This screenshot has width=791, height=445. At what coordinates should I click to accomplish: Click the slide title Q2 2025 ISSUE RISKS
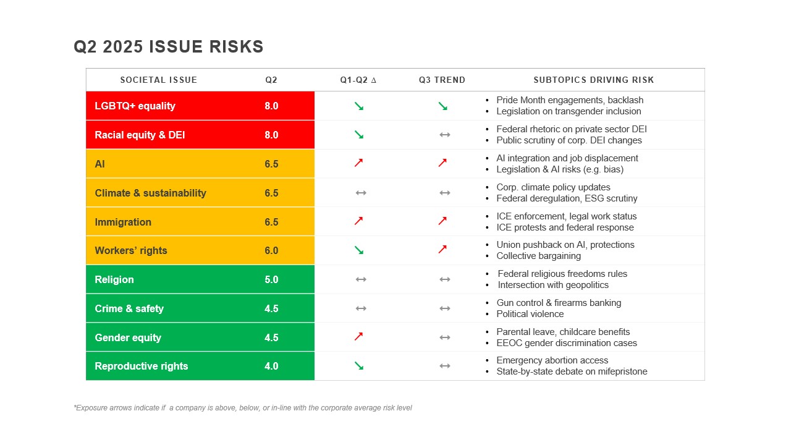click(x=168, y=47)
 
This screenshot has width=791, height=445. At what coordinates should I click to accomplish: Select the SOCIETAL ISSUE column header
click(x=159, y=80)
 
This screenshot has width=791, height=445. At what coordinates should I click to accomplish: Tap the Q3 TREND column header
click(x=442, y=80)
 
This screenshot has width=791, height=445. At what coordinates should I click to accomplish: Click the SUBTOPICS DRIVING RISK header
click(x=593, y=80)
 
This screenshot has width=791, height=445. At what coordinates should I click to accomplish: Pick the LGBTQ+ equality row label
click(x=135, y=106)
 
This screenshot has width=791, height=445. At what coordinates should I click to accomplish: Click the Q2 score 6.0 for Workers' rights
click(x=271, y=250)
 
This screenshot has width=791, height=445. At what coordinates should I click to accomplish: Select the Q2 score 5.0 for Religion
click(x=271, y=279)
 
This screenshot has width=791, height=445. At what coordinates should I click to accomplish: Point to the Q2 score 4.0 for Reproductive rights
click(x=271, y=366)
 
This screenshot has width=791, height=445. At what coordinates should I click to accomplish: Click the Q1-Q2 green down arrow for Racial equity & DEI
click(x=358, y=135)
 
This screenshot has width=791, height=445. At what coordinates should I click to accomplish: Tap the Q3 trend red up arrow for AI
click(x=442, y=163)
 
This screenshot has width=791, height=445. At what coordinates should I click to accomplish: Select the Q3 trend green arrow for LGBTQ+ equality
click(x=442, y=106)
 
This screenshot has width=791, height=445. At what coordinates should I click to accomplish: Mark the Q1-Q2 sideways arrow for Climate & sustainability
click(x=361, y=193)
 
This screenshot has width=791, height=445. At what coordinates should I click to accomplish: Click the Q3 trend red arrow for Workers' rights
click(x=442, y=250)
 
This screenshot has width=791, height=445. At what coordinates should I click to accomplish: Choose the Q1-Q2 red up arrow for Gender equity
click(x=358, y=337)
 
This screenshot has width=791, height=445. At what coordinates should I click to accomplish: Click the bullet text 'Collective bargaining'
click(x=538, y=256)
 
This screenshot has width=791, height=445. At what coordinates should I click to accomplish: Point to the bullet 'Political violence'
click(x=530, y=314)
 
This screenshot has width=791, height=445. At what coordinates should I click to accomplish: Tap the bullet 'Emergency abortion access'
click(x=552, y=360)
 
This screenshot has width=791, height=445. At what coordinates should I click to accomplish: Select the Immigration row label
click(x=123, y=222)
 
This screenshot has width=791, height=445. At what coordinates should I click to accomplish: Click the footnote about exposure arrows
click(x=243, y=408)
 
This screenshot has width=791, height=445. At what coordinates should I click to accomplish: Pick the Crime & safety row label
click(x=129, y=308)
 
